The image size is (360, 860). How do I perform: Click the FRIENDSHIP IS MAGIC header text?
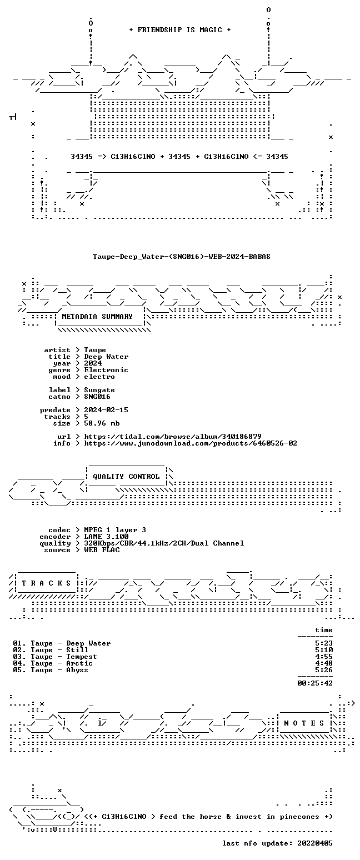tap(180, 30)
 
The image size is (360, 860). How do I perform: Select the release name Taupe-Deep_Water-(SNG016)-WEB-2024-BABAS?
tap(182, 257)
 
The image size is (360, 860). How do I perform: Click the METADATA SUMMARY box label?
tap(97, 317)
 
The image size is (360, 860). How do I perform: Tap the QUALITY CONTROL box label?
tap(126, 477)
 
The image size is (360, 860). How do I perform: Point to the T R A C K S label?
tap(46, 583)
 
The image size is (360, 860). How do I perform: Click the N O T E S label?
tap(304, 723)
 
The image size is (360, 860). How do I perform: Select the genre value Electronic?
tap(106, 370)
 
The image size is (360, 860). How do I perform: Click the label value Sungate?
tap(99, 390)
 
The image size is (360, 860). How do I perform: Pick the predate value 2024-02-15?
tap(106, 410)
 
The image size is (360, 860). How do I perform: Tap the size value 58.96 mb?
tap(102, 423)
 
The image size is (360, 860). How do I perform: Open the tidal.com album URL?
tap(173, 437)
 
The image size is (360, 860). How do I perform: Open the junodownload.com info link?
tap(191, 443)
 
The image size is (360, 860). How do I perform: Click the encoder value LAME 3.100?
tap(106, 537)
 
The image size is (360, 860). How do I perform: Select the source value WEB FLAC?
tap(102, 550)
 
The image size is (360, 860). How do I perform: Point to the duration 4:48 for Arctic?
tap(324, 663)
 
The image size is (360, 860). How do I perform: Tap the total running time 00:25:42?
tap(315, 683)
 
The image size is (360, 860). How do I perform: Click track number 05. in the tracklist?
tap(19, 670)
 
